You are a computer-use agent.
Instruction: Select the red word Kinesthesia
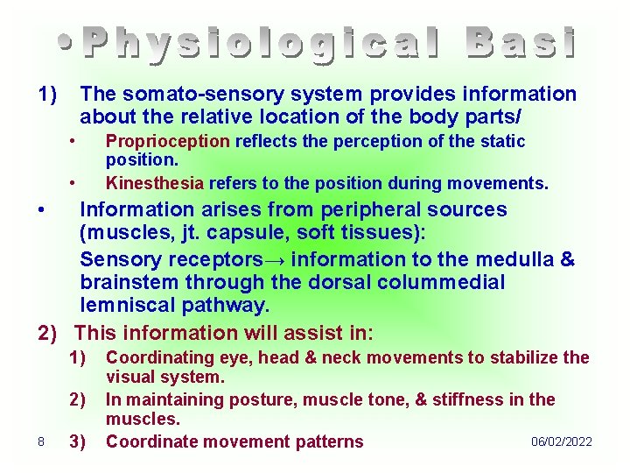[154, 184]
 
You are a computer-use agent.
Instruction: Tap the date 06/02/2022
[561, 441]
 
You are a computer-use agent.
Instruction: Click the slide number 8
[41, 441]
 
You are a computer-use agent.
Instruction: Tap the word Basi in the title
[521, 44]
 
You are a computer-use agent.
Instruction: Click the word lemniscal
[124, 306]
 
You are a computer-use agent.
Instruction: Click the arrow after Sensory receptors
[276, 260]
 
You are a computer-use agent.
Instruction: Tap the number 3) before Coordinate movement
[78, 441]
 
